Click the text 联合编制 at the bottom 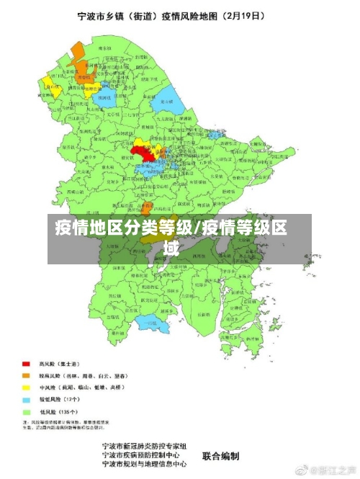point(221,455)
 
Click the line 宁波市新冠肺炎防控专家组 point(145,446)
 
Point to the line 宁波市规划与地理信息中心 point(148,465)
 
